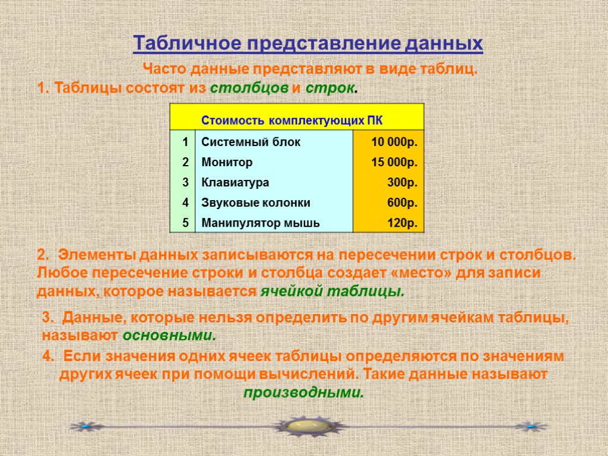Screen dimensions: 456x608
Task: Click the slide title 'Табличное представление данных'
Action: (308, 44)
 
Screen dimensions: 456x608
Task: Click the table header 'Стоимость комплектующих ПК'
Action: (292, 121)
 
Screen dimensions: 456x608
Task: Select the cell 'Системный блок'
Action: (251, 142)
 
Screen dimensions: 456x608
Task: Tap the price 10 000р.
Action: (394, 142)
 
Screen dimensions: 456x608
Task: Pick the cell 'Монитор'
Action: (227, 162)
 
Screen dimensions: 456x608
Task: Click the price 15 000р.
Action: (394, 162)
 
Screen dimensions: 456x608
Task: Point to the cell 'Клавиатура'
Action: (235, 182)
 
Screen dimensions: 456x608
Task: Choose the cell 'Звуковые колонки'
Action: (256, 203)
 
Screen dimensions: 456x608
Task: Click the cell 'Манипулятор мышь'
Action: (261, 223)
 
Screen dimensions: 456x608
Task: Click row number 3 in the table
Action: (185, 182)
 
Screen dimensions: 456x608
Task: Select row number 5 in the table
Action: (185, 223)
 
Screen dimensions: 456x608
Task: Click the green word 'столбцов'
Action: (249, 89)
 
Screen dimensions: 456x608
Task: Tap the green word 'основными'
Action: (169, 335)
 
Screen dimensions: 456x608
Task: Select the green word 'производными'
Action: (303, 392)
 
